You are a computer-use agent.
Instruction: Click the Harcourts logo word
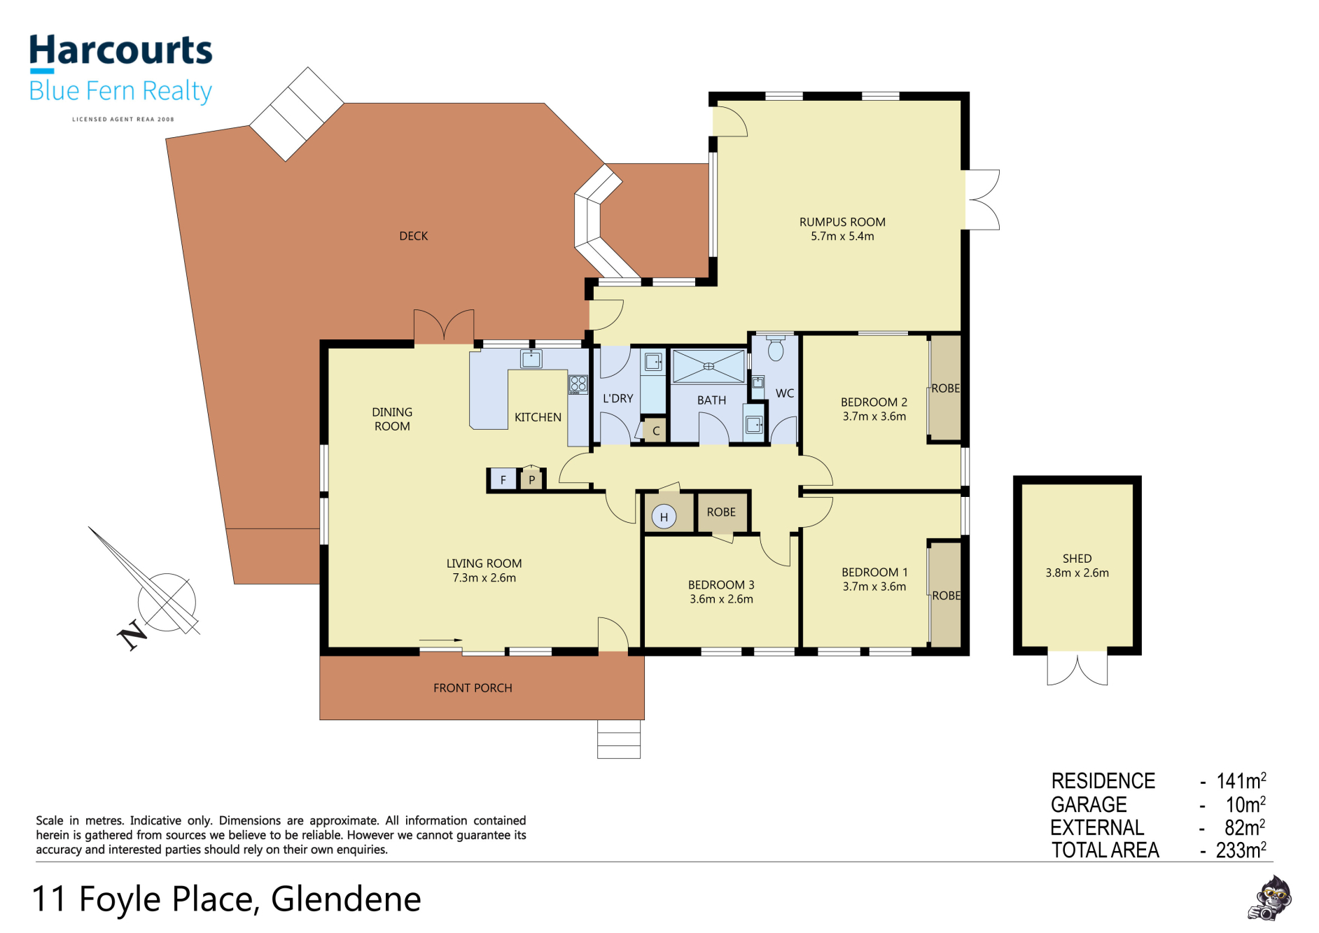pyautogui.click(x=120, y=50)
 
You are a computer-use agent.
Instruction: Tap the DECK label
pyautogui.click(x=414, y=236)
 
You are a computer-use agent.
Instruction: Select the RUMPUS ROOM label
pyautogui.click(x=842, y=222)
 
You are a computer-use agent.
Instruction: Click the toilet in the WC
pyautogui.click(x=776, y=348)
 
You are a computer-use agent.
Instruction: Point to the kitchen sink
pyautogui.click(x=531, y=359)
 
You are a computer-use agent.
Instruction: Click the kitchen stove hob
pyautogui.click(x=578, y=384)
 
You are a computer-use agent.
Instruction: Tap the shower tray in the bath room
pyautogui.click(x=709, y=366)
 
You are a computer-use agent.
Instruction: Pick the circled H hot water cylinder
pyautogui.click(x=664, y=517)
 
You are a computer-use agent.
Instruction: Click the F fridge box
pyautogui.click(x=503, y=480)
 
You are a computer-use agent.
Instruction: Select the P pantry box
pyautogui.click(x=532, y=479)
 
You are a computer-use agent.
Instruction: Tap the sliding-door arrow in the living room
pyautogui.click(x=441, y=640)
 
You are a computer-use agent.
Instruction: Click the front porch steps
pyautogui.click(x=619, y=739)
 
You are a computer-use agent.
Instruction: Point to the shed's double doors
pyautogui.click(x=1077, y=669)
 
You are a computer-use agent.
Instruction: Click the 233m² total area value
pyautogui.click(x=1241, y=850)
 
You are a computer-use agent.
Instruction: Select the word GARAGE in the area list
pyautogui.click(x=1089, y=804)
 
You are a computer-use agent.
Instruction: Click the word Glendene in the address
pyautogui.click(x=346, y=899)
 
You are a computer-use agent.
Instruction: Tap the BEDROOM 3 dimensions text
pyautogui.click(x=721, y=599)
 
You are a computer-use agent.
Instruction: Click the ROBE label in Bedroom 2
pyautogui.click(x=946, y=388)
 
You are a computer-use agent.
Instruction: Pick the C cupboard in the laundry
pyautogui.click(x=656, y=431)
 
